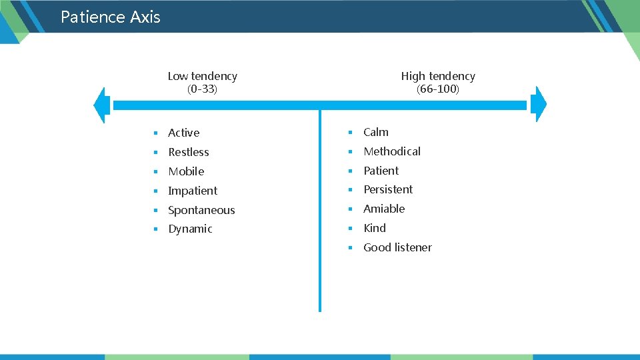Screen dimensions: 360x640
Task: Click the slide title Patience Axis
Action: pyautogui.click(x=110, y=17)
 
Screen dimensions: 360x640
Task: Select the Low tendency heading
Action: pyautogui.click(x=202, y=76)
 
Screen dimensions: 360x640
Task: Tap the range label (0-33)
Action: pyautogui.click(x=202, y=89)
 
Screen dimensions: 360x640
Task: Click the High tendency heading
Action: pyautogui.click(x=438, y=76)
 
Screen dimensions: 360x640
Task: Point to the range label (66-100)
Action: pyautogui.click(x=438, y=89)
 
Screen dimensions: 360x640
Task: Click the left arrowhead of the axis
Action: pyautogui.click(x=102, y=105)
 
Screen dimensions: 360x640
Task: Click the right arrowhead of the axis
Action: pyautogui.click(x=540, y=105)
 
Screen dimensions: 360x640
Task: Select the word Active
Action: pyautogui.click(x=183, y=133)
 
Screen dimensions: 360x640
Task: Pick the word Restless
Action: pyautogui.click(x=188, y=152)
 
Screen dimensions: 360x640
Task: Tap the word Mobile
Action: pyautogui.click(x=186, y=171)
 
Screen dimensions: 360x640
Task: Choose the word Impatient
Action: pyautogui.click(x=193, y=191)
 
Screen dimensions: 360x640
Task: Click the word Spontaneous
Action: pyautogui.click(x=201, y=210)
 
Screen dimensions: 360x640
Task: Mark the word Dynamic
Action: pyautogui.click(x=190, y=229)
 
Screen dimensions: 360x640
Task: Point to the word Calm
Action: pyautogui.click(x=376, y=132)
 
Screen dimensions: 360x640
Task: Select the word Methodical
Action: pyautogui.click(x=392, y=151)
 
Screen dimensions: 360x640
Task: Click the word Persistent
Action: pyautogui.click(x=388, y=189)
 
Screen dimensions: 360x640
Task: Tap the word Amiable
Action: pyautogui.click(x=384, y=209)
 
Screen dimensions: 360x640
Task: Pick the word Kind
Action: pyautogui.click(x=375, y=228)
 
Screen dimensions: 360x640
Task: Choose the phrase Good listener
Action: pyautogui.click(x=397, y=247)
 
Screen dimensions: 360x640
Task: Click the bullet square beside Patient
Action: pyautogui.click(x=349, y=171)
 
